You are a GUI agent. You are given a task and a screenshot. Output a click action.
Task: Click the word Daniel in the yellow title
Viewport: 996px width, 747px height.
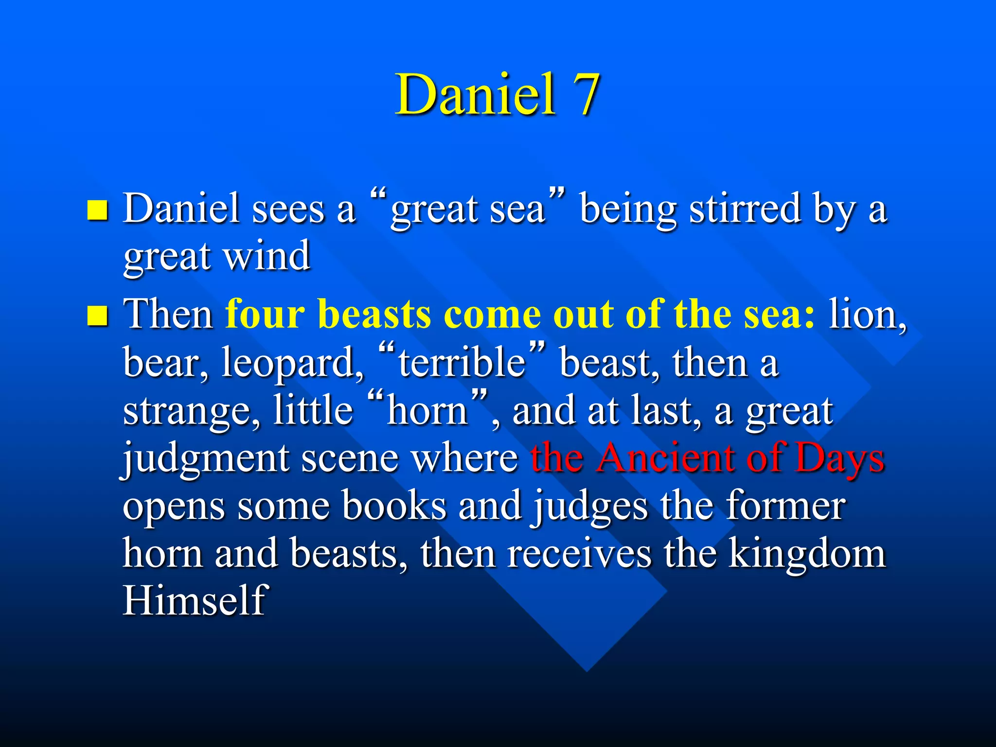pos(475,95)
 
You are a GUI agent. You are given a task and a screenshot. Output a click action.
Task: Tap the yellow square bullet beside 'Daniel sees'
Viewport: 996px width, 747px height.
pos(97,211)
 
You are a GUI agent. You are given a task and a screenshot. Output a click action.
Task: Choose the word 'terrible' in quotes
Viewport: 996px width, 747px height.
pos(462,363)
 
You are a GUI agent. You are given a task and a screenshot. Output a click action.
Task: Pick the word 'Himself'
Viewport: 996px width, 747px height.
pos(195,601)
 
